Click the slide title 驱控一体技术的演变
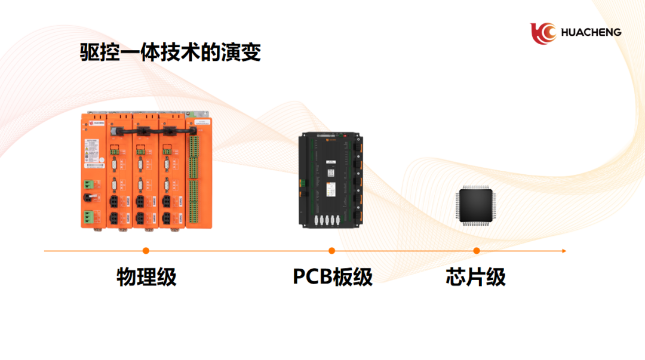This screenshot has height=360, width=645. tap(171, 53)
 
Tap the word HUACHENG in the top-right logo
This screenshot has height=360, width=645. tap(590, 32)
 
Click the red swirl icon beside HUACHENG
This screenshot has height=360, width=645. tap(542, 33)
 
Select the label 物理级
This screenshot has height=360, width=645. tap(146, 278)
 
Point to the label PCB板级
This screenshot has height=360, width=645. tap(333, 278)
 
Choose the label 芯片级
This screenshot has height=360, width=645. tap(476, 278)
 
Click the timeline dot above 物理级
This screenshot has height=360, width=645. tap(146, 251)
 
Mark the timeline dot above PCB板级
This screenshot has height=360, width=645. tap(332, 251)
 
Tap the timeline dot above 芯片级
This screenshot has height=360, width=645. tap(477, 251)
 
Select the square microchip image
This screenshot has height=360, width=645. tap(477, 206)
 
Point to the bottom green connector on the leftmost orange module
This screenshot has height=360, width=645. tap(88, 216)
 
